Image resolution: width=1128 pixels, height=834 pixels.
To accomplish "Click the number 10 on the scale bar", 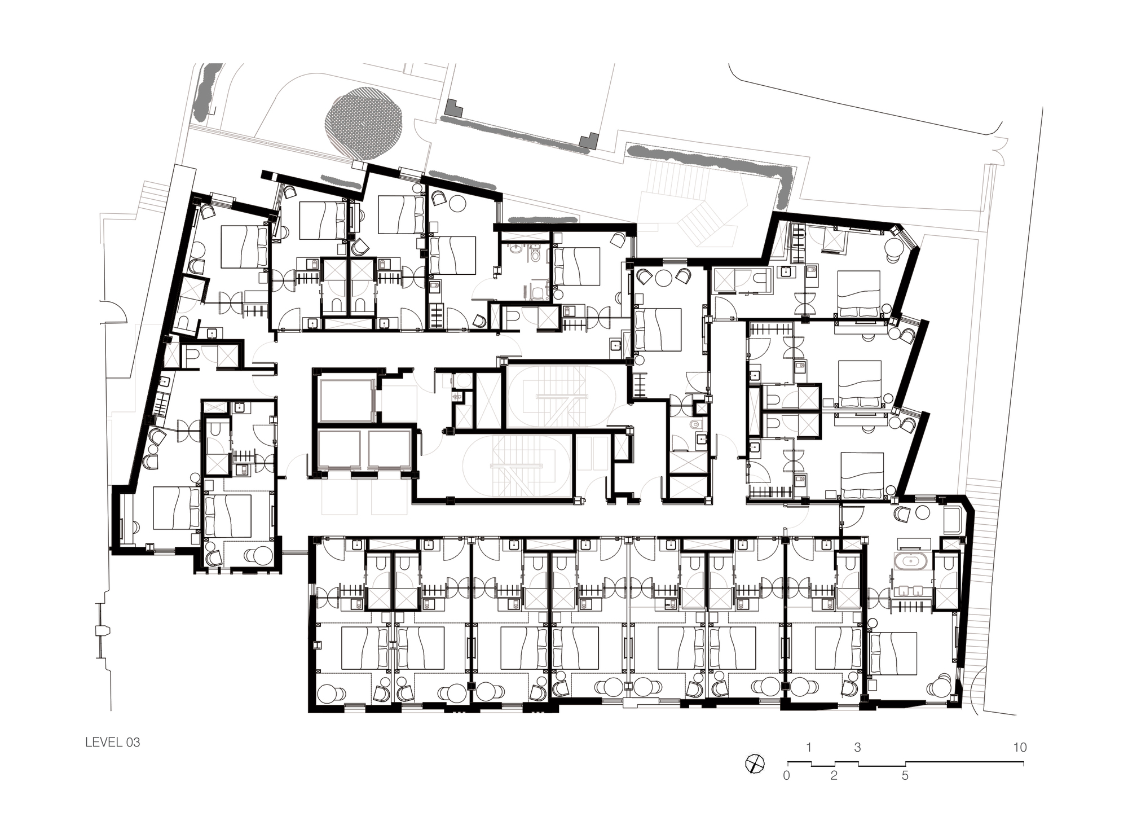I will (1020, 748).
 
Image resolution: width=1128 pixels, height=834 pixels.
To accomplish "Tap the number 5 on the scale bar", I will (905, 775).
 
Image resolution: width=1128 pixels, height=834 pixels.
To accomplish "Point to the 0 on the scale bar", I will (786, 775).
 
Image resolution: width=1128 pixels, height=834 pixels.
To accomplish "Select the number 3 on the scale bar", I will (857, 748).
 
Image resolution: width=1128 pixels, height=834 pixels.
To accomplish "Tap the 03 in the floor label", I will (133, 742).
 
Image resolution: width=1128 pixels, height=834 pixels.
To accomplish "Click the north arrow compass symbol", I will (755, 764).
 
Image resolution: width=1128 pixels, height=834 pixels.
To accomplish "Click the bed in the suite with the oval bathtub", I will (893, 653).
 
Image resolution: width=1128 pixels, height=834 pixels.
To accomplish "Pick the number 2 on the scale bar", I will (834, 775).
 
